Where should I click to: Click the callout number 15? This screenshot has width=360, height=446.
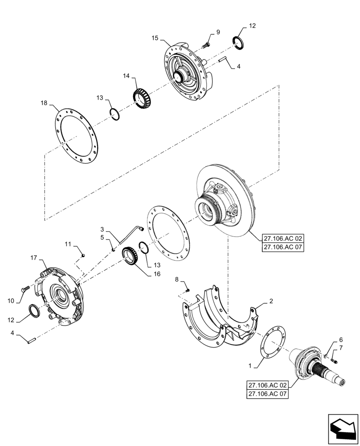pos(155,39)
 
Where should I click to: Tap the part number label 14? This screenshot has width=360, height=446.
pos(126,76)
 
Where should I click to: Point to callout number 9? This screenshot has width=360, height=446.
pos(218,32)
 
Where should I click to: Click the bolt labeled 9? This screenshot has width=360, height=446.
pos(206,45)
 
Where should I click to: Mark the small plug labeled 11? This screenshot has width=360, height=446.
pos(83,255)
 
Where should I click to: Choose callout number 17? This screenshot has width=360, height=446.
pos(33,258)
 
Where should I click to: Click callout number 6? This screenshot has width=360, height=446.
pos(341,340)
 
